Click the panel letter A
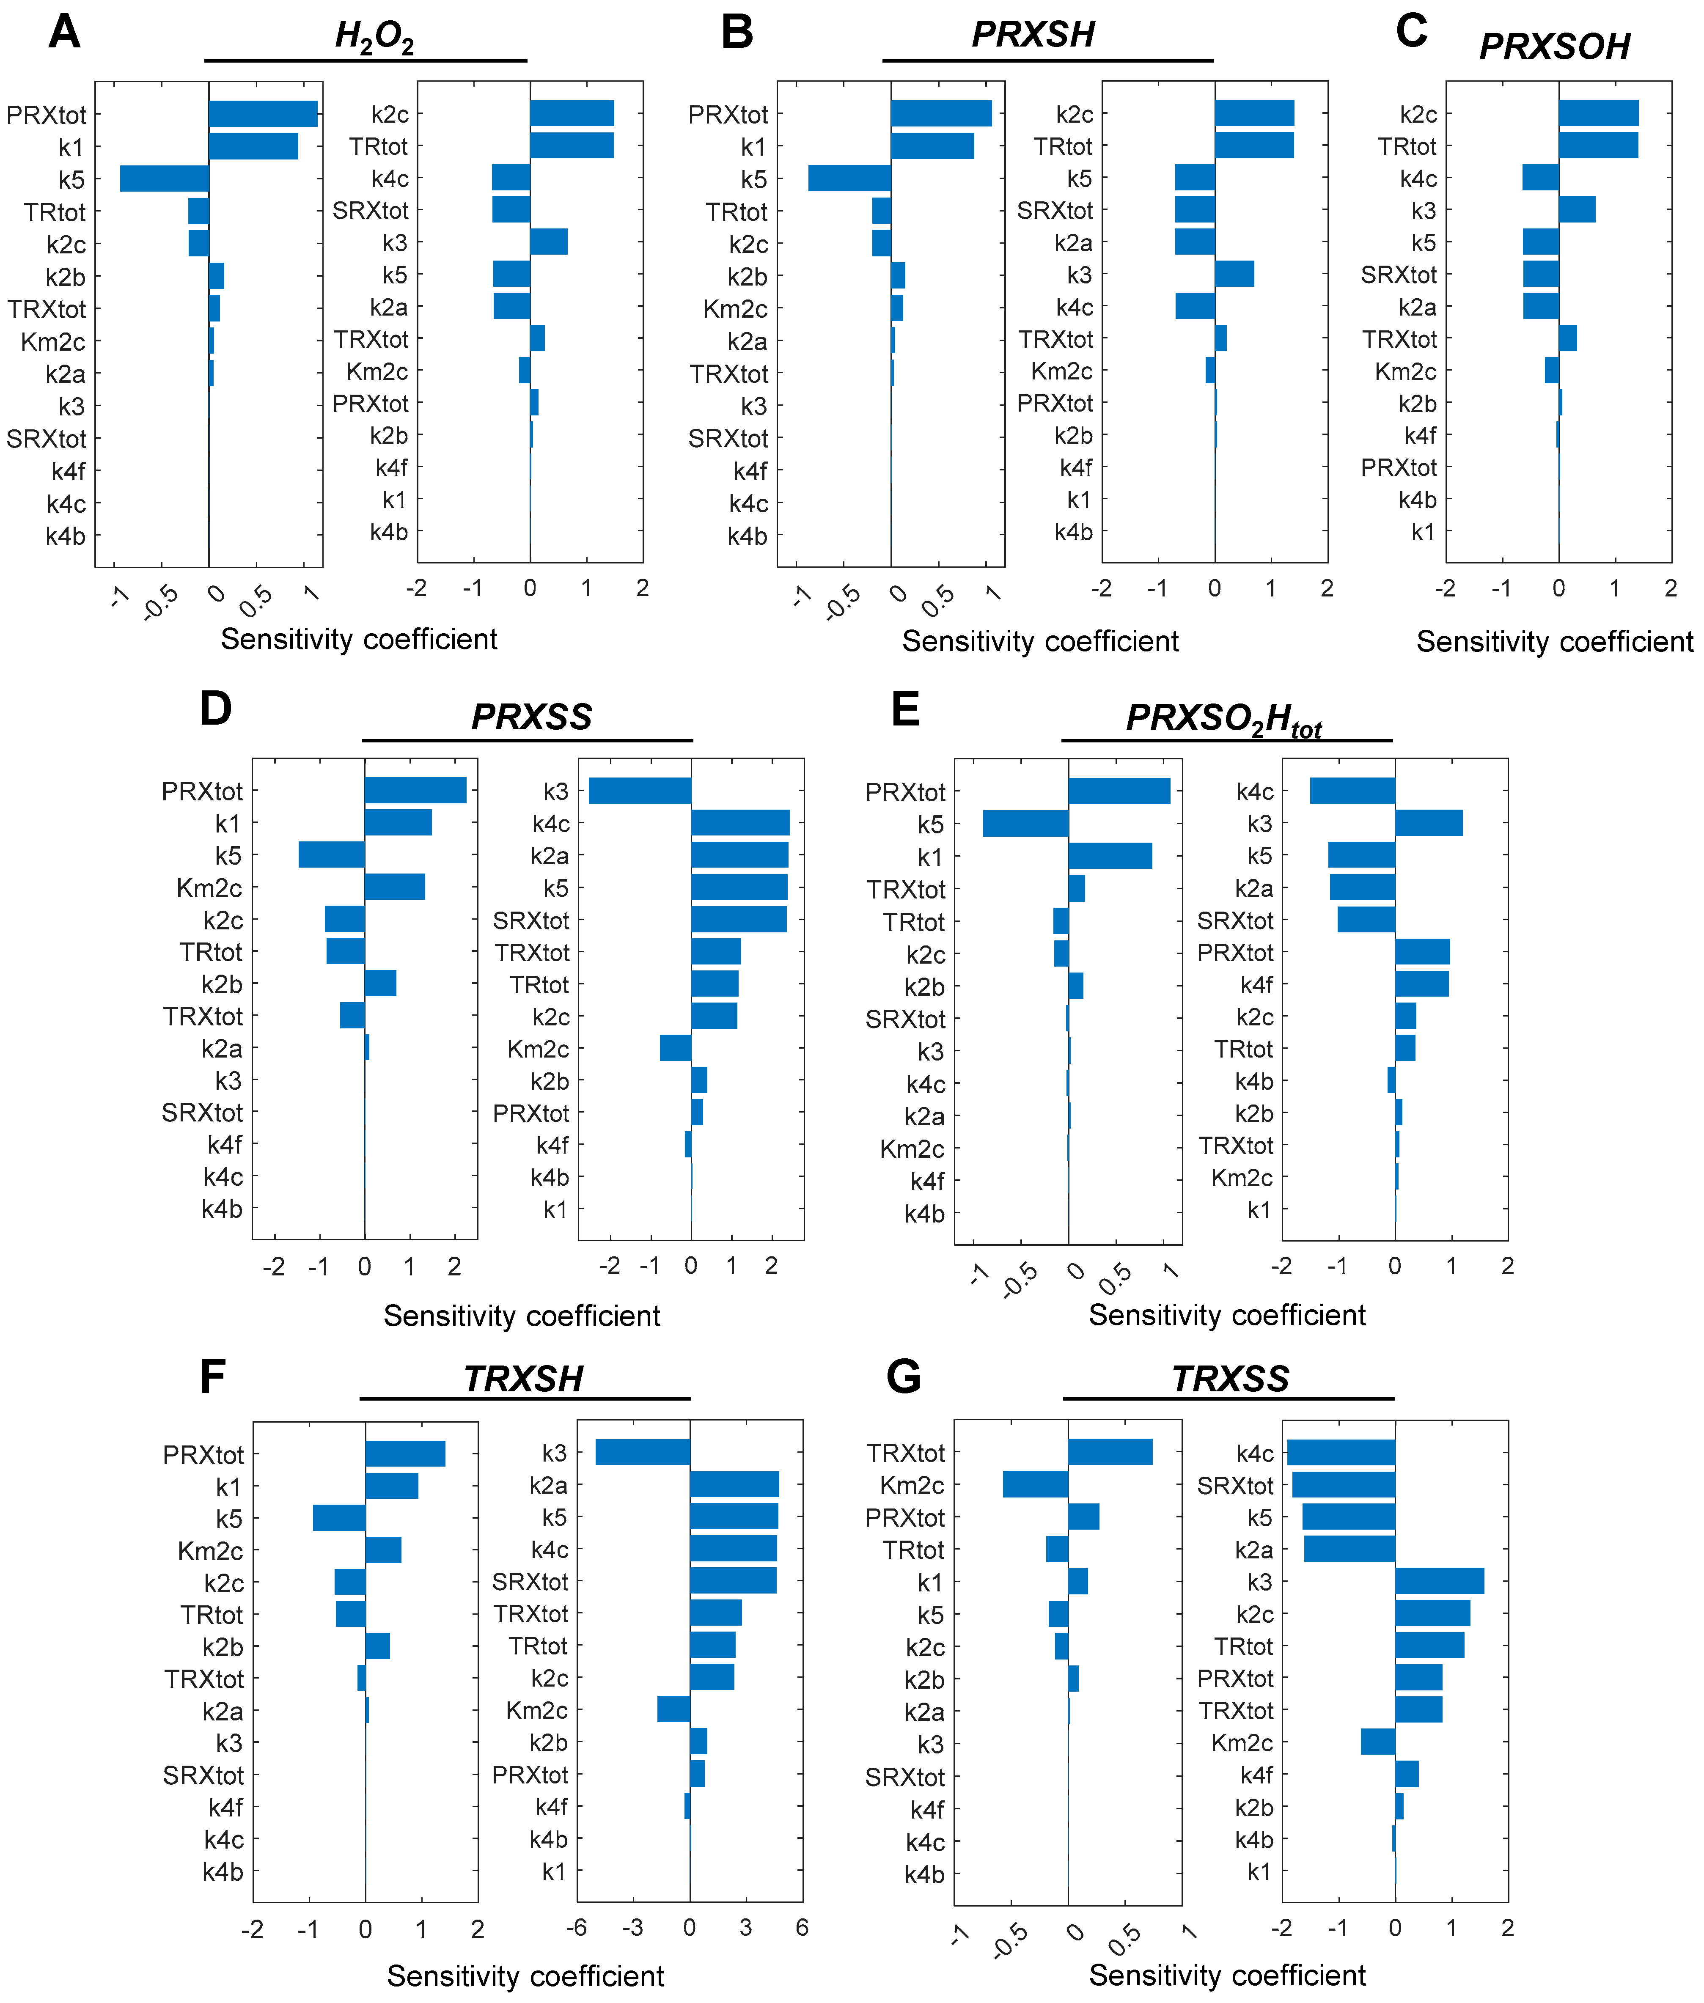64,32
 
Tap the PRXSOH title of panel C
1554,45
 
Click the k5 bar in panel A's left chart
164,179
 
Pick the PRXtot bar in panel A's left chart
263,114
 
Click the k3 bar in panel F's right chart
642,1453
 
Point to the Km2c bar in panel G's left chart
1035,1484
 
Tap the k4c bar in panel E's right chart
1352,791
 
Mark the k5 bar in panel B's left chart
849,179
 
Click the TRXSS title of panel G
1230,1378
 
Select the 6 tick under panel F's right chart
802,1928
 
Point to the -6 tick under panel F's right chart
577,1928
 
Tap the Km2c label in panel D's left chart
209,887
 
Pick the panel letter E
905,710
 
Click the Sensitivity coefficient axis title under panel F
525,1976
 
